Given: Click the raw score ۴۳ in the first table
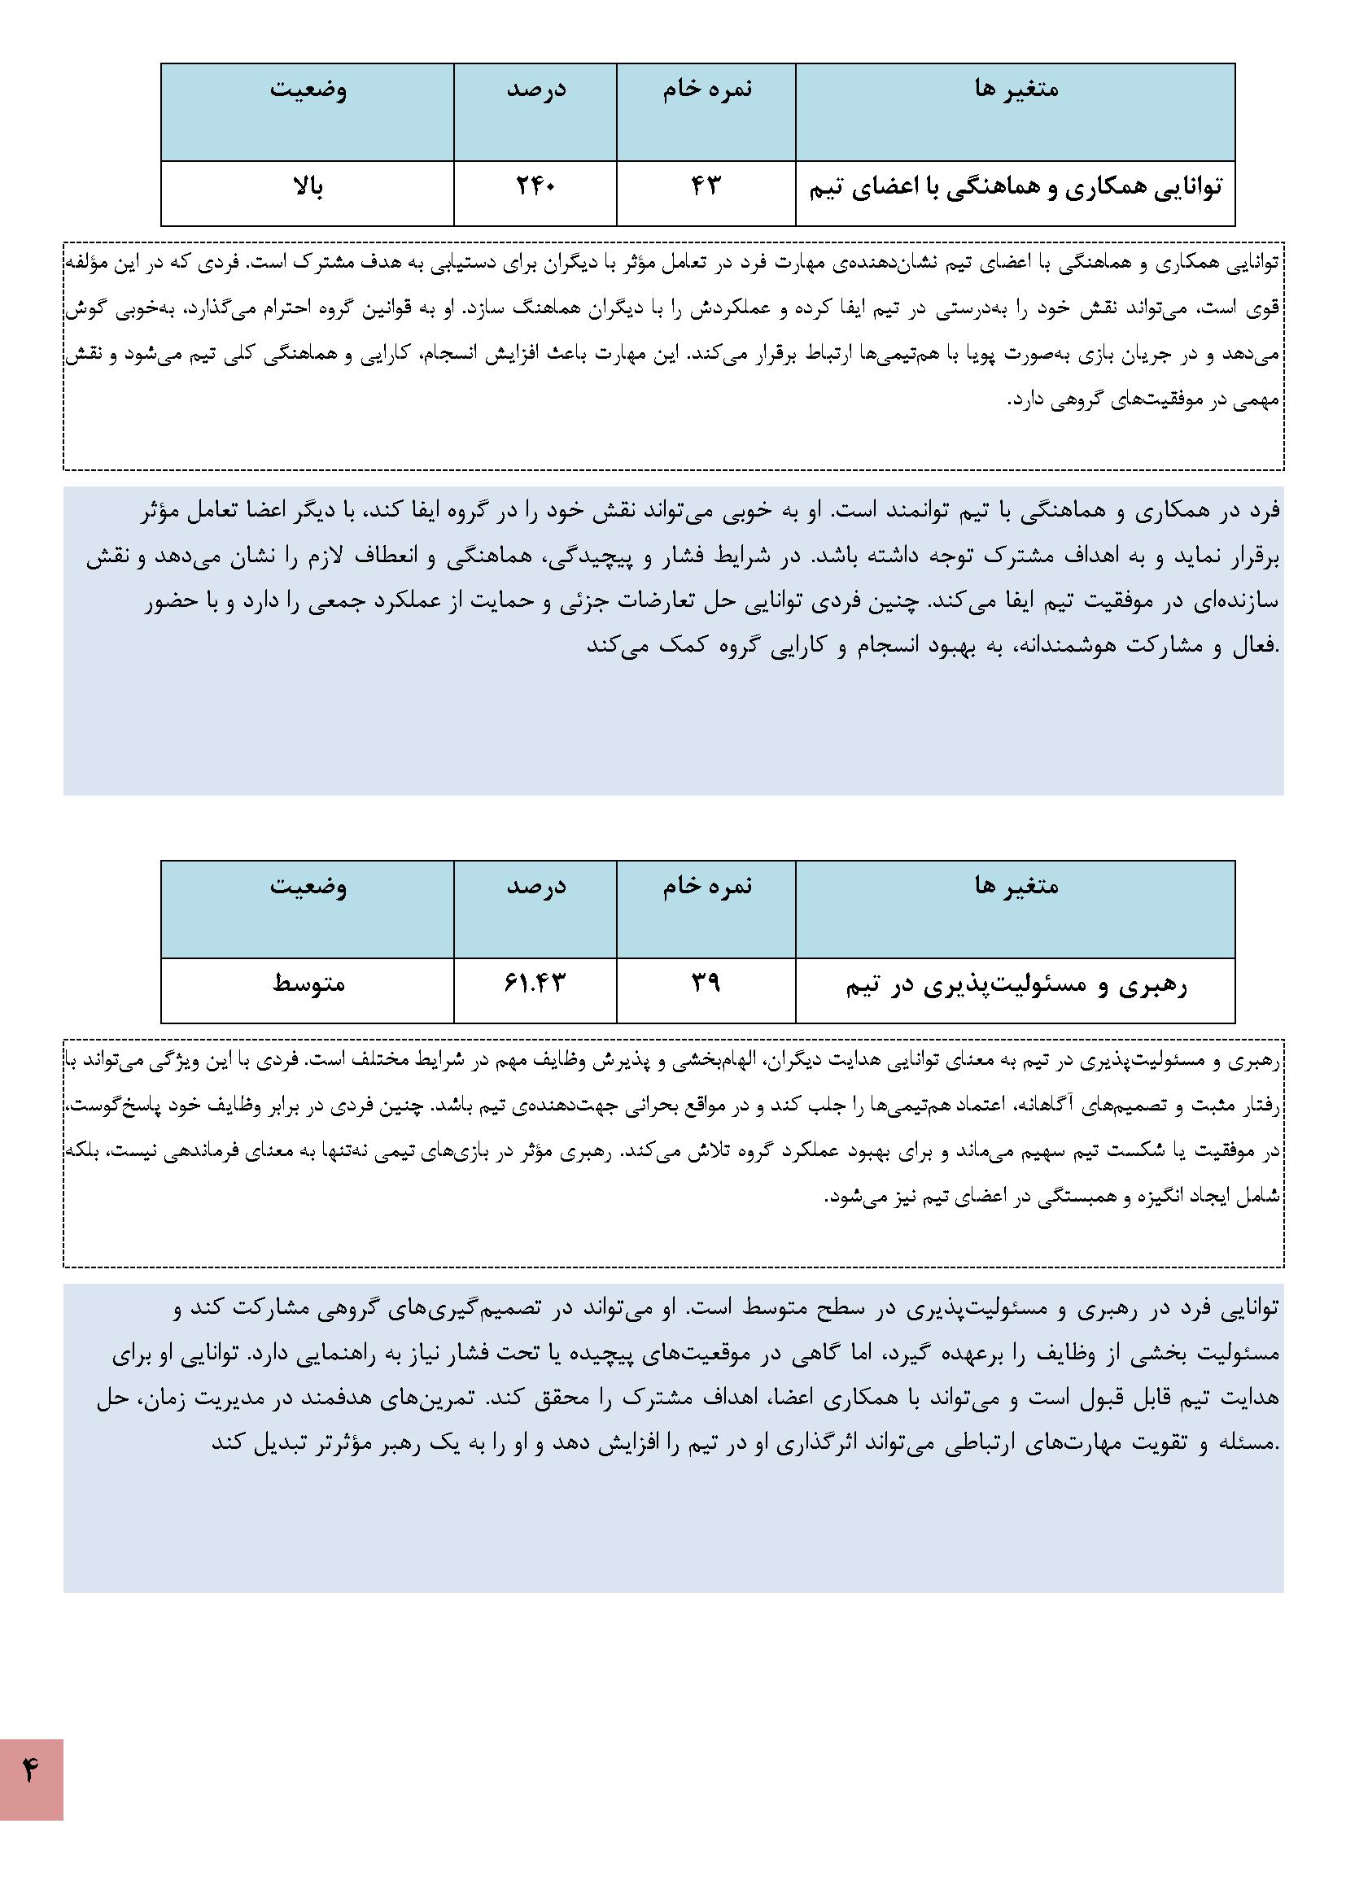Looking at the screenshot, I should [706, 186].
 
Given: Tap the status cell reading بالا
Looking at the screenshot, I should [308, 186].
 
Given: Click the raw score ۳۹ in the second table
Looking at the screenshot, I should [706, 984].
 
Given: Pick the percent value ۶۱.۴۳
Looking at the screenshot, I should [535, 984].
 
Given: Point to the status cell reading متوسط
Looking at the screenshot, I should [308, 984].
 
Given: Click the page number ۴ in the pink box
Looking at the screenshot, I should [31, 1772].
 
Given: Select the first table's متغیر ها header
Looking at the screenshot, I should [1016, 89].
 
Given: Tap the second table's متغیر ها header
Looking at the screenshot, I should [1016, 887].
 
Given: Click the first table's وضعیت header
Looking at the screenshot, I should [308, 89].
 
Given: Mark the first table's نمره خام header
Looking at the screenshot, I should [706, 89].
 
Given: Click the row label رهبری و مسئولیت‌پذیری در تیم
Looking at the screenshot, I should [1016, 986].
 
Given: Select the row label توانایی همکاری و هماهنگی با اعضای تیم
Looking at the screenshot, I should [1016, 188].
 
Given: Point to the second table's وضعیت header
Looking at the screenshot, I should [308, 887].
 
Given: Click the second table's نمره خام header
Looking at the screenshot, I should [706, 887].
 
